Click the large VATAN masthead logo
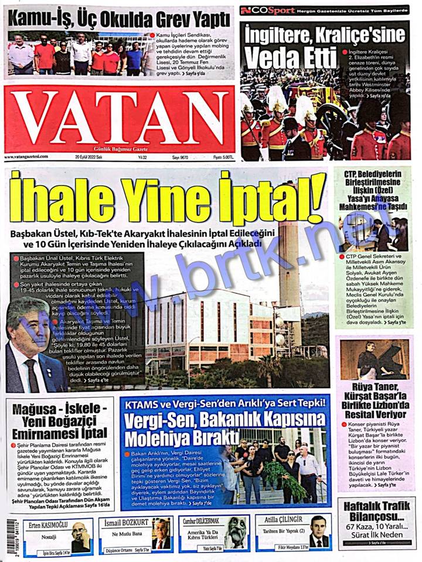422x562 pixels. pyautogui.click(x=120, y=121)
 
